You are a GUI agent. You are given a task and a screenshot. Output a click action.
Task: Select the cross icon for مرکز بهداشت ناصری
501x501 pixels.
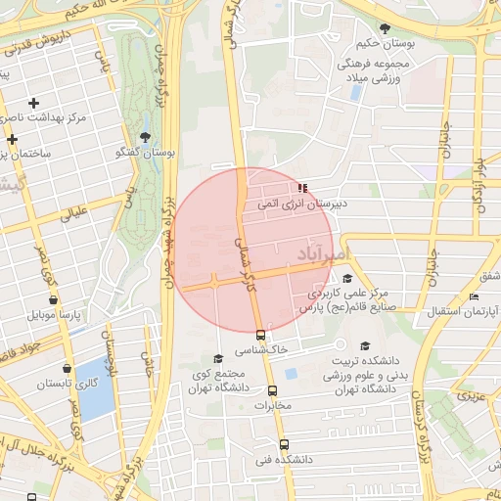pos(34,103)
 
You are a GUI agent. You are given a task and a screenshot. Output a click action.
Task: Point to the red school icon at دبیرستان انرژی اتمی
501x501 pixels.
pos(301,187)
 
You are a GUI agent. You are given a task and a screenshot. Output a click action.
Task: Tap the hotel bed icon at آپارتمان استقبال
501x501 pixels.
pos(475,296)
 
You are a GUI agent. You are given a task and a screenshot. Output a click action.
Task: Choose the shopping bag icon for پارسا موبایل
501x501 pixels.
pos(53,299)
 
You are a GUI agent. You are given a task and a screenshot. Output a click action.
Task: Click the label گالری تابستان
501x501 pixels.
pos(101,384)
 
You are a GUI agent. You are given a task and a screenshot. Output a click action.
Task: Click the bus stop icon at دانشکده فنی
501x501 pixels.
pos(286,443)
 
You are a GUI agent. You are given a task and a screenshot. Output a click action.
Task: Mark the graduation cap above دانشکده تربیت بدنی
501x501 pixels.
pos(365,346)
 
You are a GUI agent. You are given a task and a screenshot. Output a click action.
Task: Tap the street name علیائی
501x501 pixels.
pos(74,212)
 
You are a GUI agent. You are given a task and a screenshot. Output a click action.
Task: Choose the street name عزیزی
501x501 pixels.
pos(475,396)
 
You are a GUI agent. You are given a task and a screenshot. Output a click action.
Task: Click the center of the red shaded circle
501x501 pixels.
pos(252,250)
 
